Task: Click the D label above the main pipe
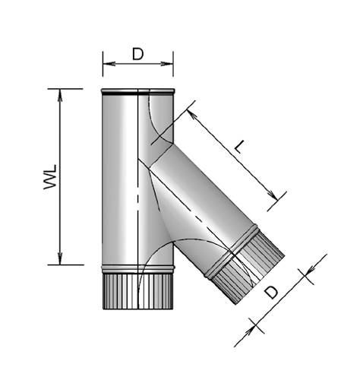point(137,54)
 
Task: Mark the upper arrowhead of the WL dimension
point(59,92)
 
